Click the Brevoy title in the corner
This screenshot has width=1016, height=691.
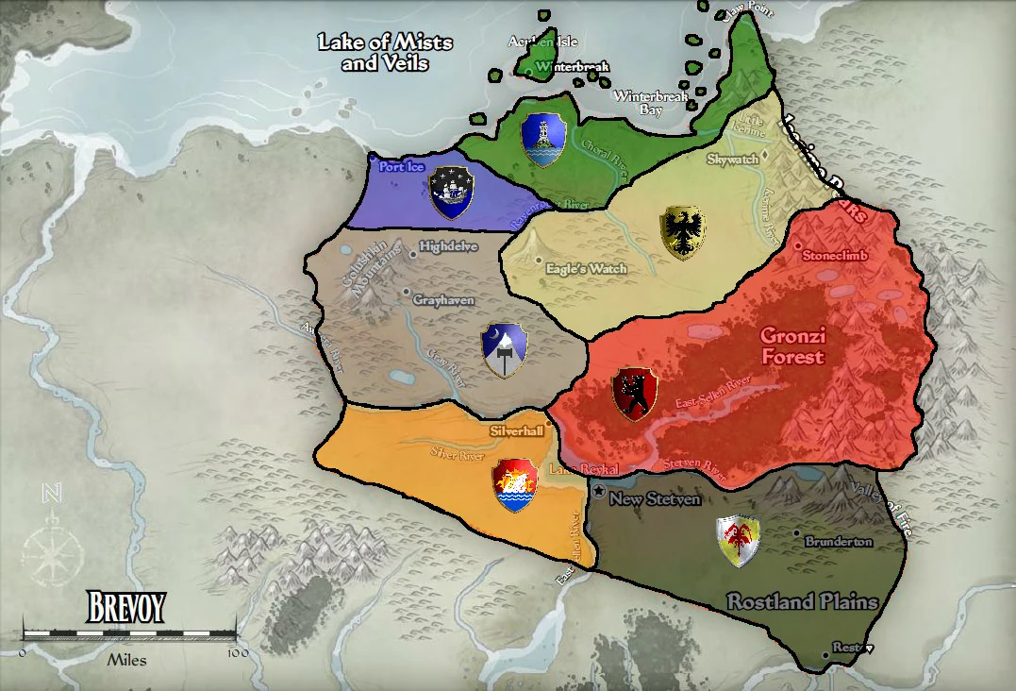(126, 607)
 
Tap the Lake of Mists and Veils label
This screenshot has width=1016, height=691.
(385, 53)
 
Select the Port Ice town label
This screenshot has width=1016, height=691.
(403, 167)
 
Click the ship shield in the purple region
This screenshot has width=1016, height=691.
(450, 192)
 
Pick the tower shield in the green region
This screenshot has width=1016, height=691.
(542, 139)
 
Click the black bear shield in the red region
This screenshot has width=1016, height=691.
(634, 394)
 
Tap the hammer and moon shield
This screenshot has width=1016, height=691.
(503, 349)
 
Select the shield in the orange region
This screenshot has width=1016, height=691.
(515, 485)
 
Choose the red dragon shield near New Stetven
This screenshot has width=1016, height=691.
(738, 542)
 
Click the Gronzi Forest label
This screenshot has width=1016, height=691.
(792, 346)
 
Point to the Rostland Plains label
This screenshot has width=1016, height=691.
(802, 601)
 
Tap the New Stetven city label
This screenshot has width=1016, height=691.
(655, 498)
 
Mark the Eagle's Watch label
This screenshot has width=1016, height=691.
(587, 269)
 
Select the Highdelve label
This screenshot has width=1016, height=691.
(449, 247)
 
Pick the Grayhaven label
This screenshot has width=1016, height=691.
(443, 299)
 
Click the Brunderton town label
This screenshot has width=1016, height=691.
(839, 542)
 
